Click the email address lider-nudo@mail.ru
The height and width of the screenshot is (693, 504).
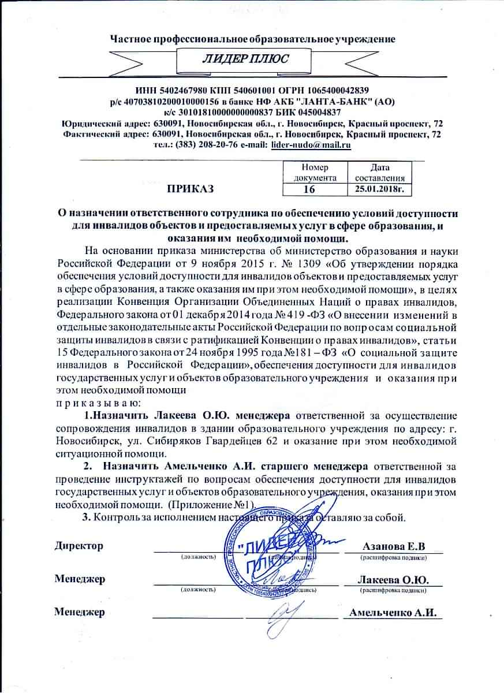[311, 145]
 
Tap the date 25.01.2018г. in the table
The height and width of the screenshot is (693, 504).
[379, 189]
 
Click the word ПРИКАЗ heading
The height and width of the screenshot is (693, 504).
[191, 188]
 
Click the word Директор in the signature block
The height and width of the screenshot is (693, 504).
[79, 546]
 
